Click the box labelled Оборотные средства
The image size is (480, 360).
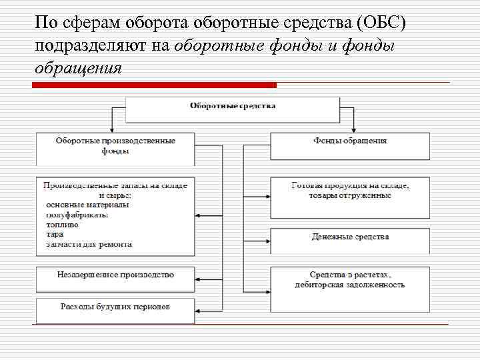pyautogui.click(x=232, y=109)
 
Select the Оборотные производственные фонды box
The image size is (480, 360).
pyautogui.click(x=115, y=149)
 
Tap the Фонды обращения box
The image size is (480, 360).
pyautogui.click(x=349, y=145)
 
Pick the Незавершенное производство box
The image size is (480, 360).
pyautogui.click(x=115, y=278)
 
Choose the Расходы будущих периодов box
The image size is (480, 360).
pyautogui.click(x=115, y=310)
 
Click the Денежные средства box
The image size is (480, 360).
pyautogui.click(x=349, y=240)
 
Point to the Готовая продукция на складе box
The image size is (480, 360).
pyautogui.click(x=349, y=197)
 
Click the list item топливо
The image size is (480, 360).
pyautogui.click(x=62, y=225)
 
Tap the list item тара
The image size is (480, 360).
pyautogui.click(x=55, y=234)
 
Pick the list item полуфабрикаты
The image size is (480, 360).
pyautogui.click(x=77, y=215)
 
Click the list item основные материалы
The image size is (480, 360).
pyautogui.click(x=87, y=205)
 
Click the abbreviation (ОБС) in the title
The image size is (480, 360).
pyautogui.click(x=381, y=23)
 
